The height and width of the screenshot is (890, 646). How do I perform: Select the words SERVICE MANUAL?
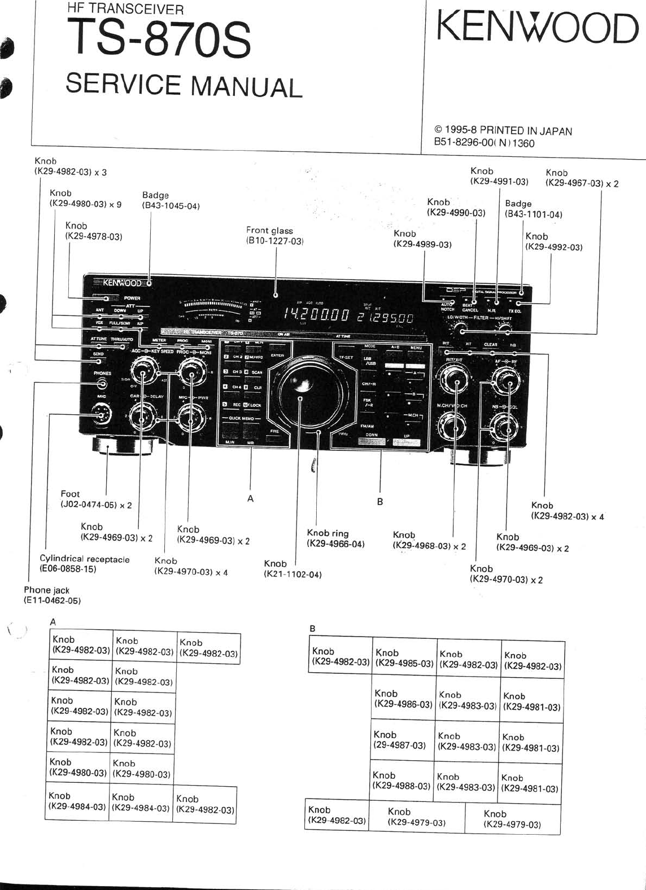tap(184, 86)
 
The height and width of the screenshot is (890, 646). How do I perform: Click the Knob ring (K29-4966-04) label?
tap(335, 538)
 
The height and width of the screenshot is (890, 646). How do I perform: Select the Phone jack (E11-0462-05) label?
tap(52, 595)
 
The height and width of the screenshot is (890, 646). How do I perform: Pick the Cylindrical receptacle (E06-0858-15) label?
tap(85, 564)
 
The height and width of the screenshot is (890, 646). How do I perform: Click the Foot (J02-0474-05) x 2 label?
tap(96, 499)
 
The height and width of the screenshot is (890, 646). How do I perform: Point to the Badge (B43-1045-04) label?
tap(171, 201)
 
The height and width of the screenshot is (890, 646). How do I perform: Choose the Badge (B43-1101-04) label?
tap(534, 209)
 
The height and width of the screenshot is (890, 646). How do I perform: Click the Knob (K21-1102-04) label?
tap(293, 569)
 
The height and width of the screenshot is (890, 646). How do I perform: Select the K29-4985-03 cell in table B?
tap(404, 659)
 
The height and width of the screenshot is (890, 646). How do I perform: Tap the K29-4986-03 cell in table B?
tap(403, 699)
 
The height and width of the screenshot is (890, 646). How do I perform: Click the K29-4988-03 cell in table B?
tap(400, 781)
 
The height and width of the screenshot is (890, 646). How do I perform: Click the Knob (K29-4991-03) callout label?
tap(499, 176)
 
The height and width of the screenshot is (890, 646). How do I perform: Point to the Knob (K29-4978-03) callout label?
tap(94, 231)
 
